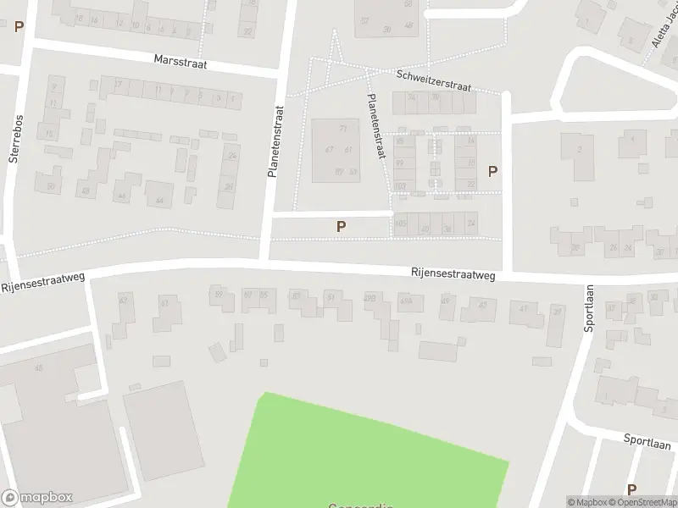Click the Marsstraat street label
pyautogui.click(x=181, y=62)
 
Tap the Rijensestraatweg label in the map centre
pyautogui.click(x=453, y=273)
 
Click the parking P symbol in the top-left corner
pyautogui.click(x=19, y=26)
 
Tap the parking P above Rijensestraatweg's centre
pyautogui.click(x=341, y=226)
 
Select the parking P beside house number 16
pyautogui.click(x=492, y=171)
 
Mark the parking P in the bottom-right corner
pyautogui.click(x=631, y=489)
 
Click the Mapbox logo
pyautogui.click(x=37, y=498)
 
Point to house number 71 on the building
pyautogui.click(x=343, y=129)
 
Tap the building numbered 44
pyautogui.click(x=159, y=196)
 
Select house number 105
pyautogui.click(x=401, y=224)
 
